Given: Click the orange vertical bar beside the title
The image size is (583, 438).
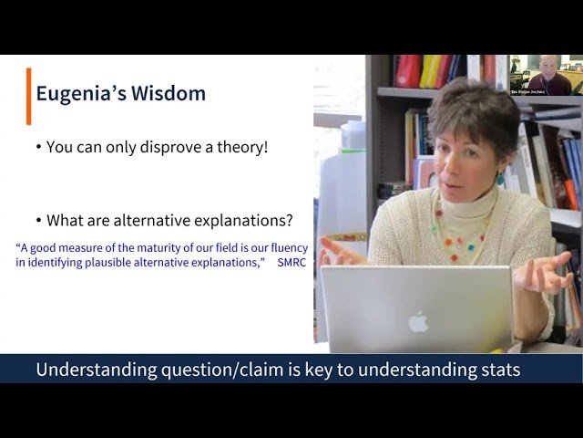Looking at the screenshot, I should click(x=28, y=96).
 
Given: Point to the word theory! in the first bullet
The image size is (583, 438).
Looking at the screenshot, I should click(x=240, y=146).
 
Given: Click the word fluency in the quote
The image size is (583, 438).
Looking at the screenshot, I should click(x=286, y=247).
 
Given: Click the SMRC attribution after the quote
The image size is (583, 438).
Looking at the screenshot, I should click(x=292, y=263).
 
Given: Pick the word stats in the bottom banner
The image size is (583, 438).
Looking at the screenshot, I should click(x=496, y=370).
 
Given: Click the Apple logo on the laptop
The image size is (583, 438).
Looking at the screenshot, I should click(x=418, y=321).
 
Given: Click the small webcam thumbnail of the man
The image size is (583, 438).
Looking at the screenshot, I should click(x=546, y=75).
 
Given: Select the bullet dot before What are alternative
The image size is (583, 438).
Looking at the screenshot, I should click(x=38, y=220).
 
